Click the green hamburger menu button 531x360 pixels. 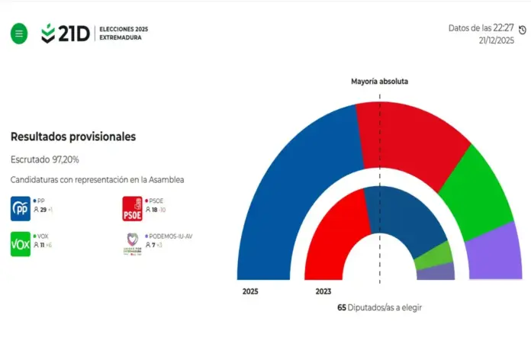pyautogui.click(x=19, y=34)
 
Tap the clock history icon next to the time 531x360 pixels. pyautogui.click(x=523, y=31)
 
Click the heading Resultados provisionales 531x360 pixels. pyautogui.click(x=73, y=137)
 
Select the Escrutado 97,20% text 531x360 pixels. pyautogui.click(x=45, y=159)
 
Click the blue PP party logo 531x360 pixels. pyautogui.click(x=20, y=208)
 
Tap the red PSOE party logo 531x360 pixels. pyautogui.click(x=133, y=208)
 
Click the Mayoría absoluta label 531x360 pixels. pyautogui.click(x=379, y=81)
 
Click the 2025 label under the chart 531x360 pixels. pyautogui.click(x=250, y=291)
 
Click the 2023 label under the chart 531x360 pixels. pyautogui.click(x=323, y=291)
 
